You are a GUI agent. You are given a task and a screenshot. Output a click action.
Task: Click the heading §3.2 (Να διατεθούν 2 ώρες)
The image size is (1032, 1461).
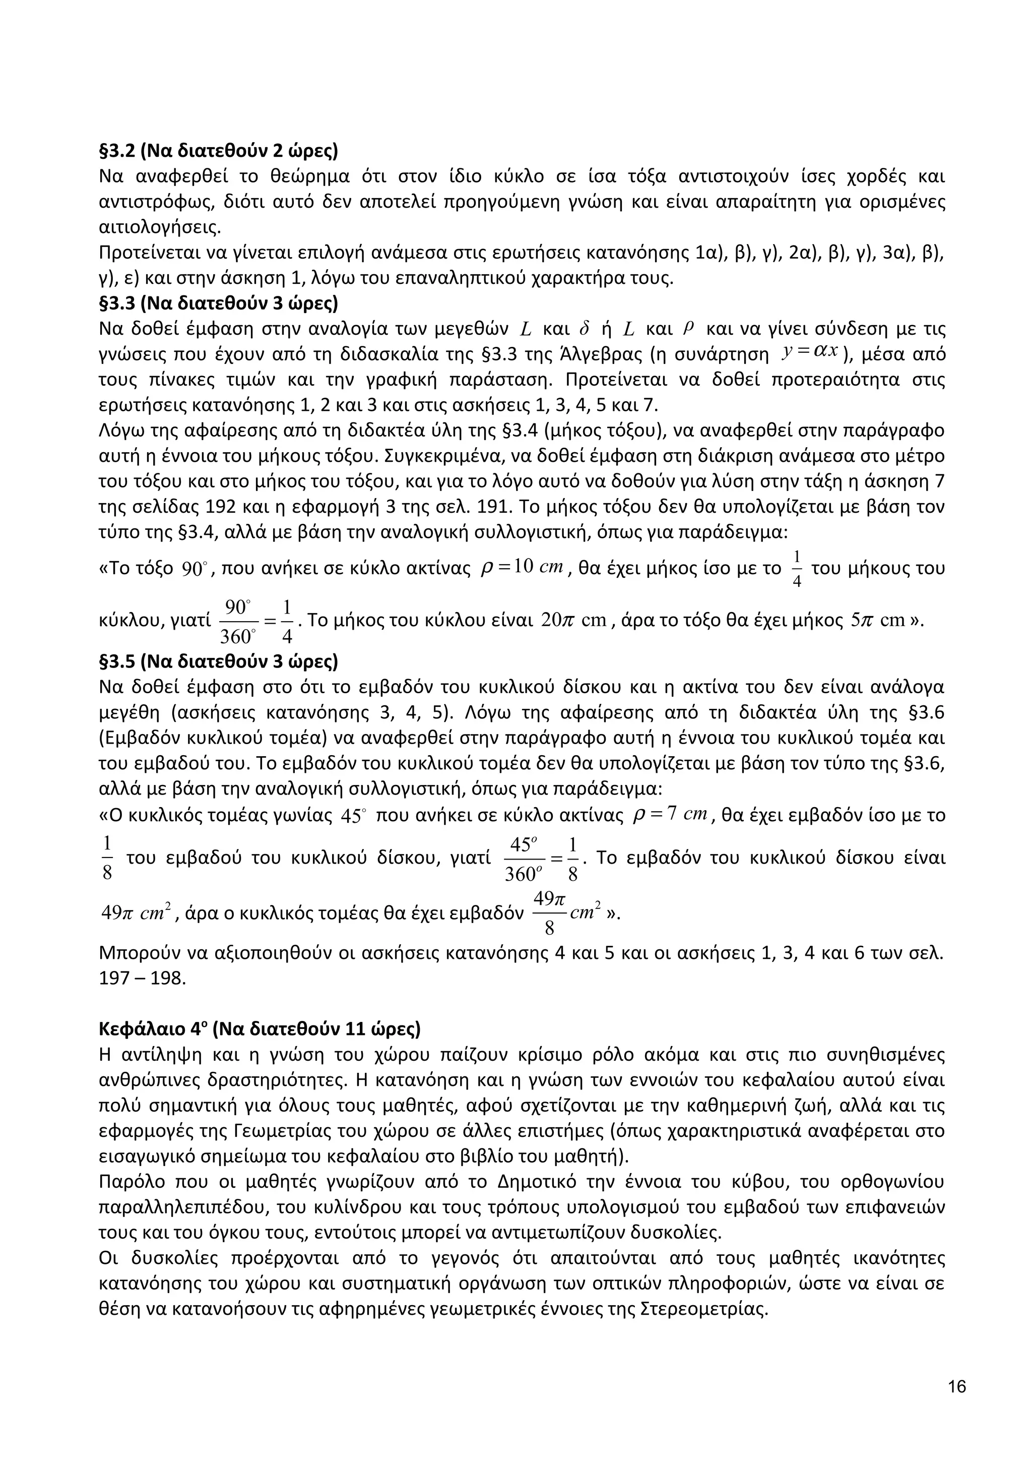218,151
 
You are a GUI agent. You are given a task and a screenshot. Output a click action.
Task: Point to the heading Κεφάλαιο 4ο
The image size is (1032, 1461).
260,1029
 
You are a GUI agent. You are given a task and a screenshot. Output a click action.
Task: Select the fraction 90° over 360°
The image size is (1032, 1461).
236,621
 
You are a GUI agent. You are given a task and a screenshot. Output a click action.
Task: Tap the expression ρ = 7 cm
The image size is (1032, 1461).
670,815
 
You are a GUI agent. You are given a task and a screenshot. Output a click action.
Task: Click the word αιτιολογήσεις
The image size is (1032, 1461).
160,227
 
